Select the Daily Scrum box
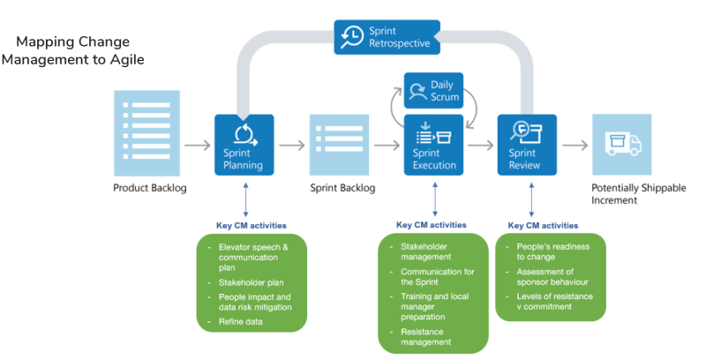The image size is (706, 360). point(434,91)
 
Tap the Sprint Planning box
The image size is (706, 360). point(244,145)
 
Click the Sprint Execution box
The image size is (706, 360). point(434,145)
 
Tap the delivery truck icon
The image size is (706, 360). point(622,144)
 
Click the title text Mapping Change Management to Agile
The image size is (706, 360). point(72,50)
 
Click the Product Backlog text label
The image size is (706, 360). point(149,188)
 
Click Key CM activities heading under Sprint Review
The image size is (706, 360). point(543,225)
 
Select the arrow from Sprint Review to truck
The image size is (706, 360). point(575,145)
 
